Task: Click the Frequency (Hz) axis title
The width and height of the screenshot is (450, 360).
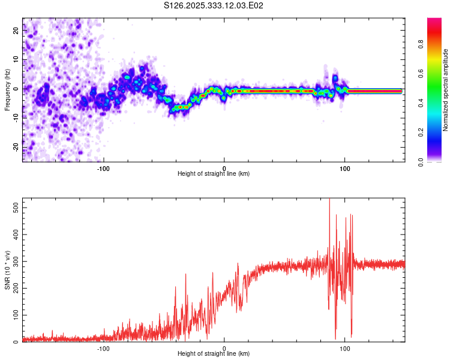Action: (x=7, y=90)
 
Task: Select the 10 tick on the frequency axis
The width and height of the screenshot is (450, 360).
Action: (x=17, y=60)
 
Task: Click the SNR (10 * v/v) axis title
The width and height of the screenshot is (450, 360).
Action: (x=7, y=270)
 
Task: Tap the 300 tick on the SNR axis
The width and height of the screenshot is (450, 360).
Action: (x=14, y=262)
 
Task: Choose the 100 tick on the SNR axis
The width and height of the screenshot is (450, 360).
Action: (x=14, y=315)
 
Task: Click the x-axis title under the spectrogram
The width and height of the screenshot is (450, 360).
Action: (x=214, y=174)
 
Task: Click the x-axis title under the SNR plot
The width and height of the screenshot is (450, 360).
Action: (x=214, y=354)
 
